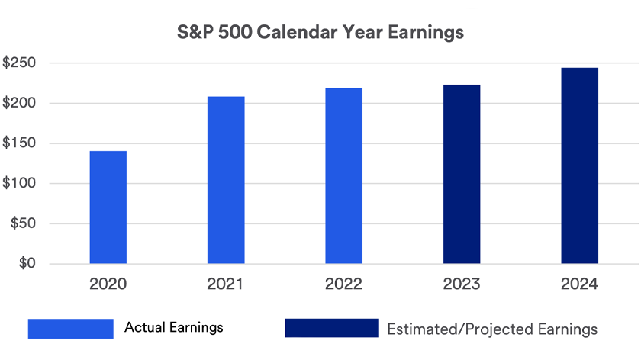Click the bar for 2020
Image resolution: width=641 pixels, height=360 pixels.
108,207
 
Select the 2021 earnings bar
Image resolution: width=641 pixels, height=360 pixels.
226,180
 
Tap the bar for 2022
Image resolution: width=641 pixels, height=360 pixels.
343,176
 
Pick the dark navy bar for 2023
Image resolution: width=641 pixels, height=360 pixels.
462,175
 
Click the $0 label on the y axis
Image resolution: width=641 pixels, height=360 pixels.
28,264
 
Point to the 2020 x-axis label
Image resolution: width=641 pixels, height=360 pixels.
108,284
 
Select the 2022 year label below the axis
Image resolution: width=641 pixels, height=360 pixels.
343,284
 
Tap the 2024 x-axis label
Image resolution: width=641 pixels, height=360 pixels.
579,284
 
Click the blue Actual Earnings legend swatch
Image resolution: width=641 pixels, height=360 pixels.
70,328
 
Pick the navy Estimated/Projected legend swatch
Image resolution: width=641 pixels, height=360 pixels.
331,328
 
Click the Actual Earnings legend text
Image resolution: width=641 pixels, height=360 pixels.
174,328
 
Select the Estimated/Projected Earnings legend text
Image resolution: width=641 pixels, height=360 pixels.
492,329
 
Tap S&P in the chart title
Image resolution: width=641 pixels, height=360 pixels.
195,33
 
